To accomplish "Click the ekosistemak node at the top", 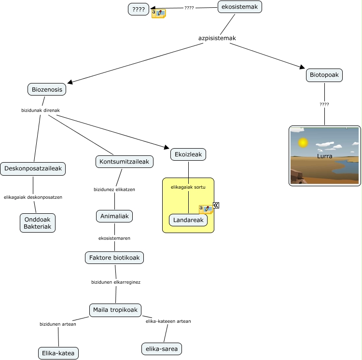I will [x=240, y=7].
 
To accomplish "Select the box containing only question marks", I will [x=139, y=9].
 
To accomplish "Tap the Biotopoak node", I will [x=324, y=75].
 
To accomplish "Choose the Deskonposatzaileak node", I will [x=33, y=169].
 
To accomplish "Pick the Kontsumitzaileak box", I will [x=125, y=161].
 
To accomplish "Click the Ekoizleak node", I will [x=188, y=154].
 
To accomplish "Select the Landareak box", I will [x=188, y=220].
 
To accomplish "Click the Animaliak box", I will [x=114, y=216].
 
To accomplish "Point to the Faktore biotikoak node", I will [x=114, y=258].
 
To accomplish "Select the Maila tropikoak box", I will [x=115, y=310].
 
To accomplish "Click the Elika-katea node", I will [x=58, y=353].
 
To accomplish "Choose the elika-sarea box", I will [x=163, y=348].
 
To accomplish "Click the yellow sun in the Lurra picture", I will [x=303, y=143].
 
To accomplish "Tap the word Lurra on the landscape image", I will [x=325, y=156].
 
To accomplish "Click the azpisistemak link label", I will [x=217, y=38].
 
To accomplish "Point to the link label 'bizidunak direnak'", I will [x=41, y=111].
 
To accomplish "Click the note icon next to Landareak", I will [x=206, y=209].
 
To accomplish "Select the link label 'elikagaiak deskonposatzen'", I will [x=33, y=197].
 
